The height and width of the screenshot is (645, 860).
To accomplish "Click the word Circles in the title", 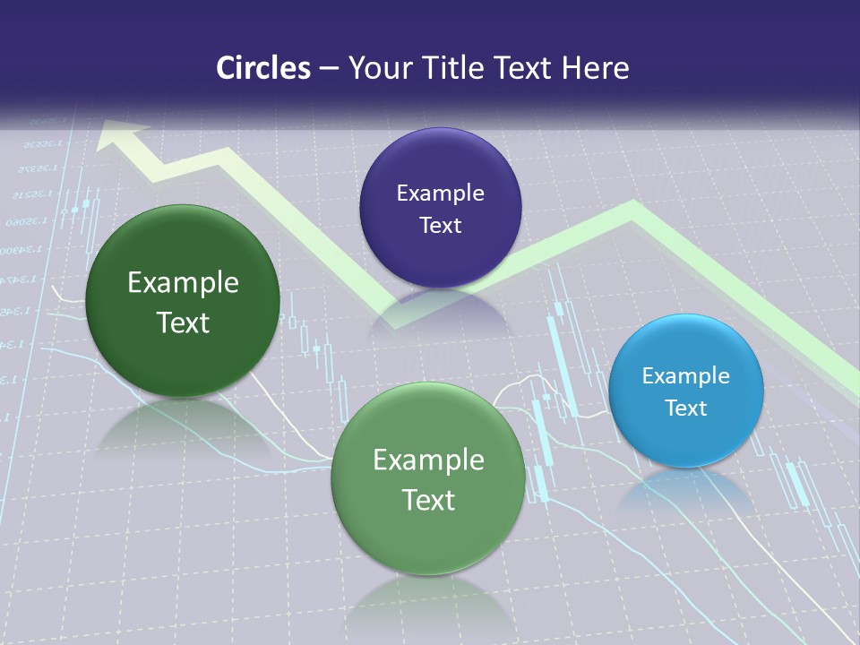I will [262, 68].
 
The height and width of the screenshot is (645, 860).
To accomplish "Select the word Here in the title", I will [595, 68].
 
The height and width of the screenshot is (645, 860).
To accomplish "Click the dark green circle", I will [183, 301].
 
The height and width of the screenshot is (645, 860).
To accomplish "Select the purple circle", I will [440, 208].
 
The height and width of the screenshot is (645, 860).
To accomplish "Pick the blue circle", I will [686, 391].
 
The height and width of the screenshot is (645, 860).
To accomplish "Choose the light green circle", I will [428, 478].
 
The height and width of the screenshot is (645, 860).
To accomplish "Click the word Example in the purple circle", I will [440, 193].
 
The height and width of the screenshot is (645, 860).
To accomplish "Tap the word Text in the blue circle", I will [686, 408].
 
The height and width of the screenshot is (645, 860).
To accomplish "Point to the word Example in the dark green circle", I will [183, 283].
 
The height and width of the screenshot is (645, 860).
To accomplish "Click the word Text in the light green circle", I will [428, 500].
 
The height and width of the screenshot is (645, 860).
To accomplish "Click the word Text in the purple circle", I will [440, 225].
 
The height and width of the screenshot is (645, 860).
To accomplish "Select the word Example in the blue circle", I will [686, 375].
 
